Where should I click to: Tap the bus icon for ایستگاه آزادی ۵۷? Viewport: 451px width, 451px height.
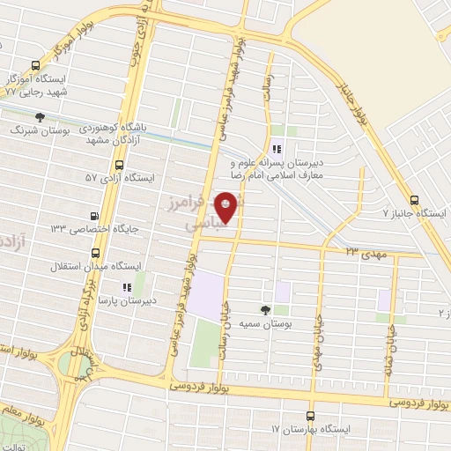point(119,166)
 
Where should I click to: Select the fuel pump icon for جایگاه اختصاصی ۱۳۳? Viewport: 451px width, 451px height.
point(94,215)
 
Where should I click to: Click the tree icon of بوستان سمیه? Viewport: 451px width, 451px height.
point(264,309)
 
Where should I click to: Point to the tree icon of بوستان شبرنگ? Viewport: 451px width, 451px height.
point(38,117)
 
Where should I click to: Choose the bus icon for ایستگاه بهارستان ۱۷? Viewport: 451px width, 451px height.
point(309,415)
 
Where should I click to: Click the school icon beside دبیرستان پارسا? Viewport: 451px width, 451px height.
point(126,286)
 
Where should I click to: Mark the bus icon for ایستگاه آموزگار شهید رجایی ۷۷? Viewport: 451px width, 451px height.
point(35,65)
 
